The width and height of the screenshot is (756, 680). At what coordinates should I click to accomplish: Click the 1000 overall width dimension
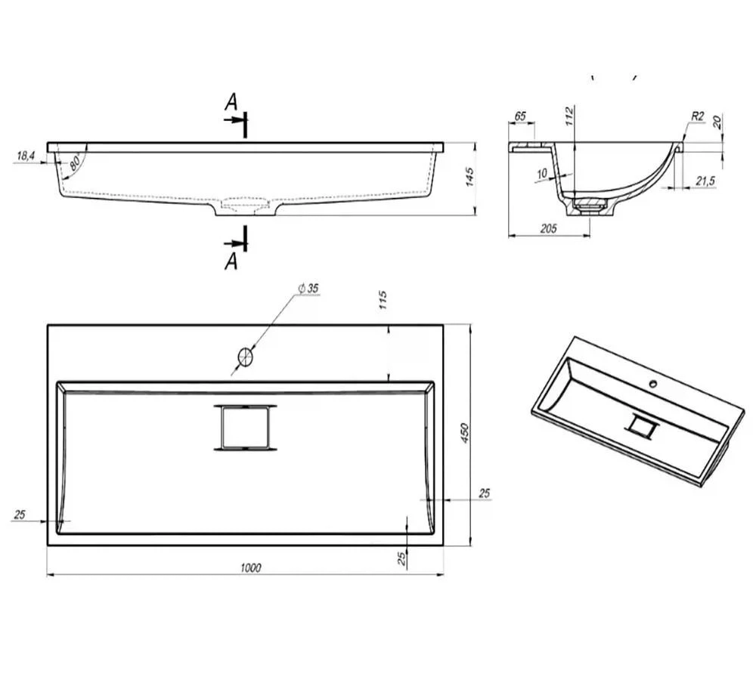pyautogui.click(x=251, y=567)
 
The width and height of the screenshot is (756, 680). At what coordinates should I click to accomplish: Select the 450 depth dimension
pyautogui.click(x=464, y=433)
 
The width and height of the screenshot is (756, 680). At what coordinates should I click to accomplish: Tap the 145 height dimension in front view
pyautogui.click(x=469, y=177)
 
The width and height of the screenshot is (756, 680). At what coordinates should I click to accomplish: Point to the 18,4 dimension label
pyautogui.click(x=26, y=156)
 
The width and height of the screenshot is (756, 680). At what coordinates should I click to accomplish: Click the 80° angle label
pyautogui.click(x=76, y=162)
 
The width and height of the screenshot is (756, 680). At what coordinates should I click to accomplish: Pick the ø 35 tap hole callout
pyautogui.click(x=308, y=288)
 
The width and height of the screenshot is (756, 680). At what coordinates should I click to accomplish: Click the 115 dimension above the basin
pyautogui.click(x=383, y=300)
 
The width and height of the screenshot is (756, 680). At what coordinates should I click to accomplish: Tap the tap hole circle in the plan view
pyautogui.click(x=246, y=357)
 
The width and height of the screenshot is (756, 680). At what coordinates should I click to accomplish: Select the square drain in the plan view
pyautogui.click(x=246, y=428)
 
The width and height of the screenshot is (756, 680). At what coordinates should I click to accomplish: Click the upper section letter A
pyautogui.click(x=231, y=102)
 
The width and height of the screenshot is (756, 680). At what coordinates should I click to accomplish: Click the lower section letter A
pyautogui.click(x=231, y=261)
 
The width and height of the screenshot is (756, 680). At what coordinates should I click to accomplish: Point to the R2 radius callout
pyautogui.click(x=697, y=116)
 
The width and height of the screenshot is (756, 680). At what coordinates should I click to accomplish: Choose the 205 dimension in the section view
pyautogui.click(x=549, y=228)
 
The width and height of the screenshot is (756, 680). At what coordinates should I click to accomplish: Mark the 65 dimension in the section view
pyautogui.click(x=520, y=116)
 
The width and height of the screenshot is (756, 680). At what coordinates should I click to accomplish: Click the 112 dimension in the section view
pyautogui.click(x=569, y=116)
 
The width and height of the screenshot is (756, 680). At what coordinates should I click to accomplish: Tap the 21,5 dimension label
pyautogui.click(x=705, y=181)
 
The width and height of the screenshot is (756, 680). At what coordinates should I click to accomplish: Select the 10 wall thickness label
pyautogui.click(x=542, y=174)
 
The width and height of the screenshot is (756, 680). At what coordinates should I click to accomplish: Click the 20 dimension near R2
pyautogui.click(x=717, y=122)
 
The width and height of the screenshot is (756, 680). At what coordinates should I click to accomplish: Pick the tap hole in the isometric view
pyautogui.click(x=653, y=384)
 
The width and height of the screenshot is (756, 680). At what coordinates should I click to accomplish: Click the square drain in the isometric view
pyautogui.click(x=641, y=425)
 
